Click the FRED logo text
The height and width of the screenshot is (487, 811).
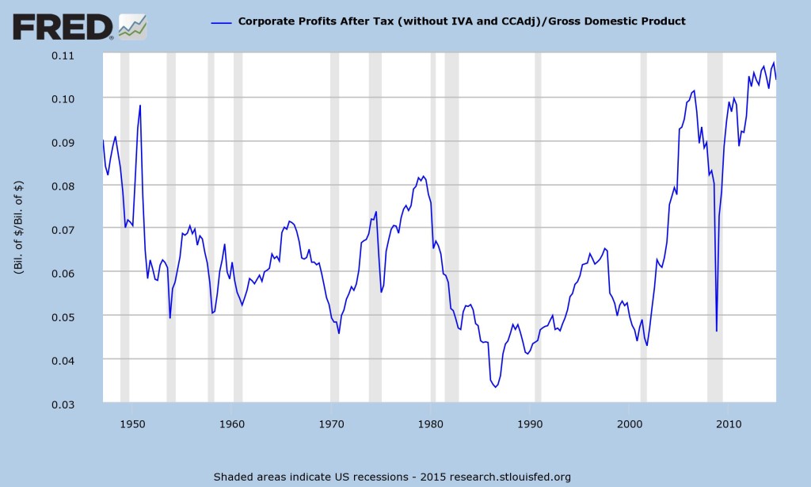click(63, 28)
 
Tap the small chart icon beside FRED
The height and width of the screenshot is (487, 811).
click(131, 27)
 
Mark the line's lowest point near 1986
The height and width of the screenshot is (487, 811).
click(496, 387)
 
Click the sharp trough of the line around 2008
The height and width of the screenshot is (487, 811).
click(716, 331)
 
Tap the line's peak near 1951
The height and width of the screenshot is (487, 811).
click(140, 105)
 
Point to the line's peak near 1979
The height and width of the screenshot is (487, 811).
click(423, 176)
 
